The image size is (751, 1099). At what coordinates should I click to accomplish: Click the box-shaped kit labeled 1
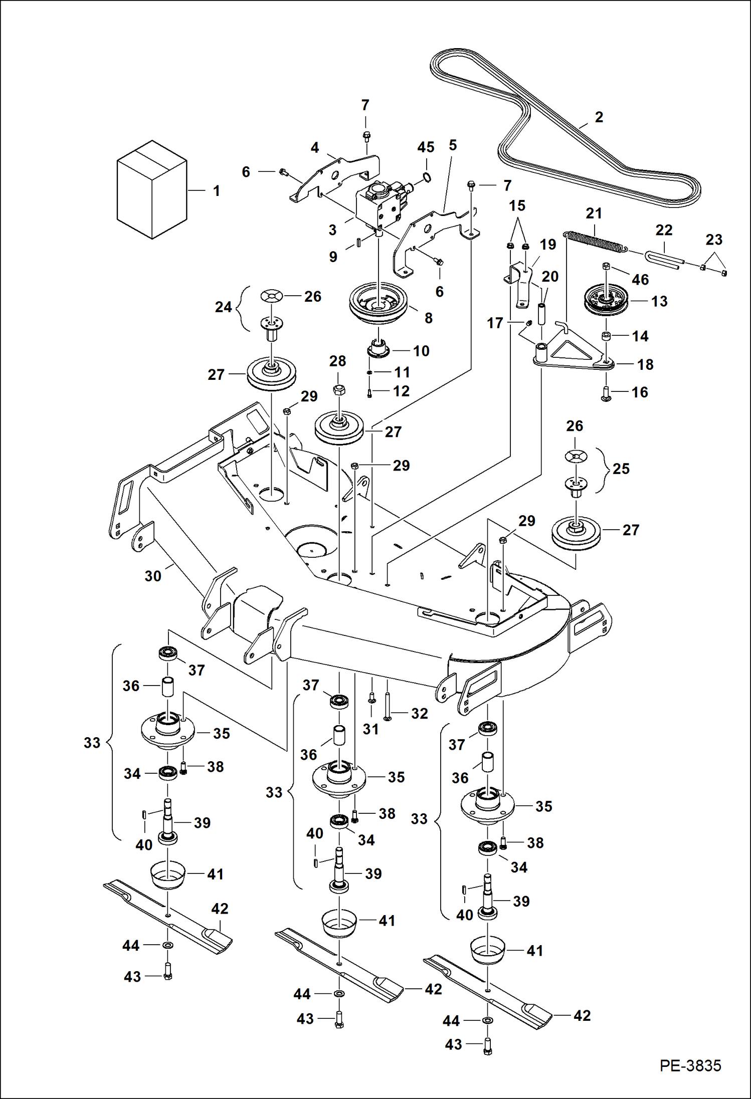[151, 190]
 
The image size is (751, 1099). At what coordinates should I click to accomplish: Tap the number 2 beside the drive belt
[599, 117]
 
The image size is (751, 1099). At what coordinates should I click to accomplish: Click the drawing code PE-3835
[690, 1065]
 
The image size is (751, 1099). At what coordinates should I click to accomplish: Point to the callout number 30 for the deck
[153, 576]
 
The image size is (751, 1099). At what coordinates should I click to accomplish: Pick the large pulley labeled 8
[379, 302]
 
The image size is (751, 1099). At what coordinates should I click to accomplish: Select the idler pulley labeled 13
[607, 300]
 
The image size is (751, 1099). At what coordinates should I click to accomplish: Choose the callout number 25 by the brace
[621, 469]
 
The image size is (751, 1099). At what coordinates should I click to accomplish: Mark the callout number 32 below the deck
[419, 713]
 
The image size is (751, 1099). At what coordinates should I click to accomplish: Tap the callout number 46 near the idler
[640, 280]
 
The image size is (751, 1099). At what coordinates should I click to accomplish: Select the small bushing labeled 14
[606, 335]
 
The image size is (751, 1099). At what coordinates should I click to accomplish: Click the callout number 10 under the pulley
[421, 351]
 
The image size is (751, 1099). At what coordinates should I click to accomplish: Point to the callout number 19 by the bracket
[547, 245]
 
